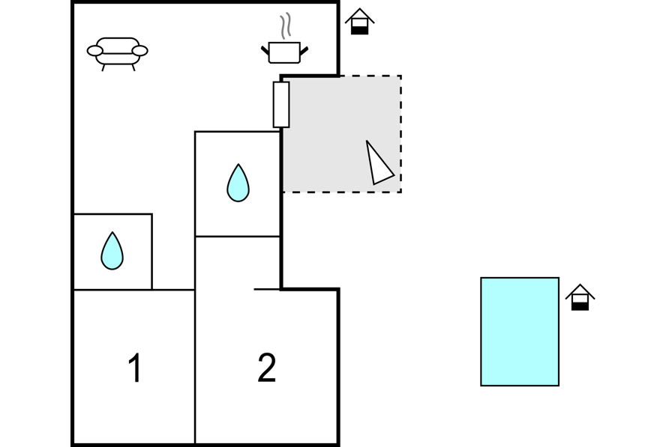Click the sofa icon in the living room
[118, 53]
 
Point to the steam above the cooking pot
[286, 25]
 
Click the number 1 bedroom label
[135, 368]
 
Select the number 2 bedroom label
[266, 368]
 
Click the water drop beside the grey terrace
[238, 183]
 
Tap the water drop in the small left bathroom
[112, 251]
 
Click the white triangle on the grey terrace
[378, 163]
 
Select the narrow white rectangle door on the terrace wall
[281, 105]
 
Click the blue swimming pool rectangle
[520, 332]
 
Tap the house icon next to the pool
[580, 297]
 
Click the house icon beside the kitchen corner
[360, 22]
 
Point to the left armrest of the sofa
[94, 51]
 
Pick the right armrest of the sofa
[139, 51]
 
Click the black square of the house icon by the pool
[580, 305]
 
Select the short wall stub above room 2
[267, 290]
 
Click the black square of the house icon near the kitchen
[360, 30]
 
